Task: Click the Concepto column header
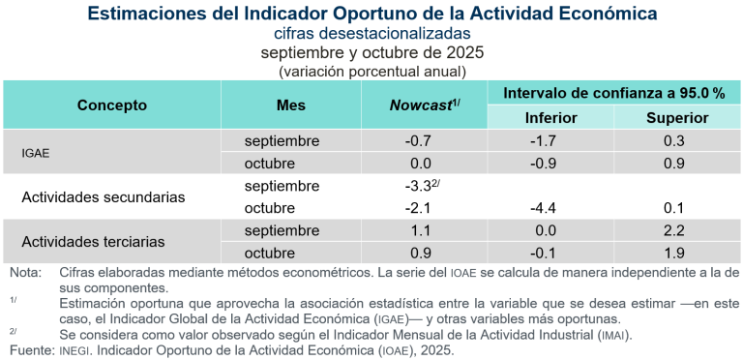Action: (x=112, y=105)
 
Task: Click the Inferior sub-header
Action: (x=551, y=118)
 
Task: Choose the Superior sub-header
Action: (x=677, y=118)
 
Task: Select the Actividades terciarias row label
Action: (x=93, y=241)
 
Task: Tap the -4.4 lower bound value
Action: (x=551, y=208)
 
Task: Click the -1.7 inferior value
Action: (x=551, y=141)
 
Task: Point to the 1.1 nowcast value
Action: (x=422, y=230)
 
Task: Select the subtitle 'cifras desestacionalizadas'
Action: (x=371, y=34)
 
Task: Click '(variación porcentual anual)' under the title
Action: (x=371, y=71)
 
